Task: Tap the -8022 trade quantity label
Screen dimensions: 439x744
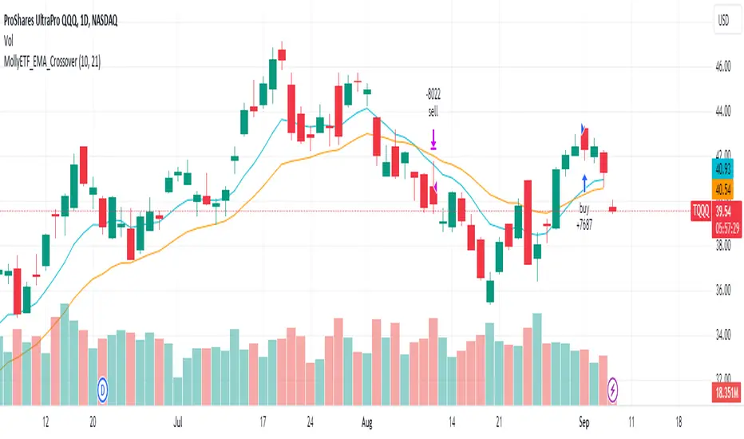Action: [433, 101]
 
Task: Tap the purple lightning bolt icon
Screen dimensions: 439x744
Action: [613, 390]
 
